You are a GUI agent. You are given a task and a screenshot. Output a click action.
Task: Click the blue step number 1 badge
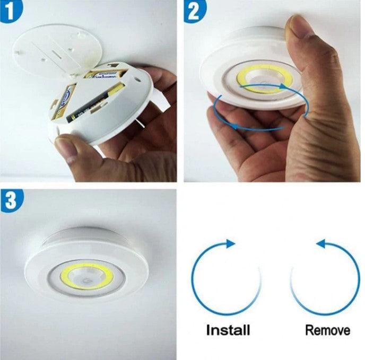[x=10, y=10]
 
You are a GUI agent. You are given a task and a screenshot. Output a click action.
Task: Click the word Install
[x=228, y=330]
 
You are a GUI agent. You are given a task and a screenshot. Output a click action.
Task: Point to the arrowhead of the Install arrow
[x=229, y=243]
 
